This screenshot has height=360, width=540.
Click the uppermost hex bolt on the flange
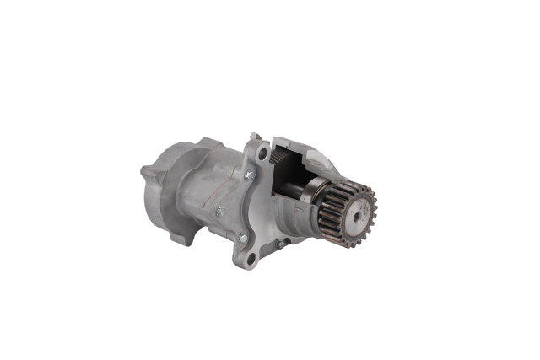[248, 175]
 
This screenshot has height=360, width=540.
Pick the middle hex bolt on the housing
[220, 212]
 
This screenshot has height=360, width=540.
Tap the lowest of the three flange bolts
[242, 239]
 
